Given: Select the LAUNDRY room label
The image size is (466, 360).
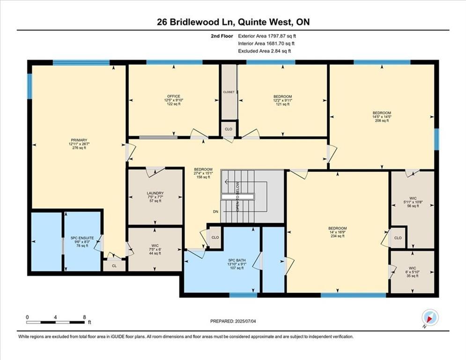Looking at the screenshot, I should pos(155,196).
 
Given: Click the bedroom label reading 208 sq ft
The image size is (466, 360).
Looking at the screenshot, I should pos(382,117).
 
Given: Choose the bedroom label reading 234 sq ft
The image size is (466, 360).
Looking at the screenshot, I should pos(337,232).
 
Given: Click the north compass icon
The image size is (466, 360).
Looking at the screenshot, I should pos(429,317).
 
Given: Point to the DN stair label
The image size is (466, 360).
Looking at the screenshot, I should pos(215,212).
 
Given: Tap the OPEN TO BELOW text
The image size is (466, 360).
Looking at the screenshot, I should pos(238,196).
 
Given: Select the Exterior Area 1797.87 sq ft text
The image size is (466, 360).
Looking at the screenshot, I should pos(267,36).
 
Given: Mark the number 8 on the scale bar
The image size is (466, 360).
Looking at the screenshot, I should pos(84,317).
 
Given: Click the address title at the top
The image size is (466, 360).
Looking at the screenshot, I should pos(233,22).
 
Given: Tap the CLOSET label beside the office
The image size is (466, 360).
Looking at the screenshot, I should pos(229,92).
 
